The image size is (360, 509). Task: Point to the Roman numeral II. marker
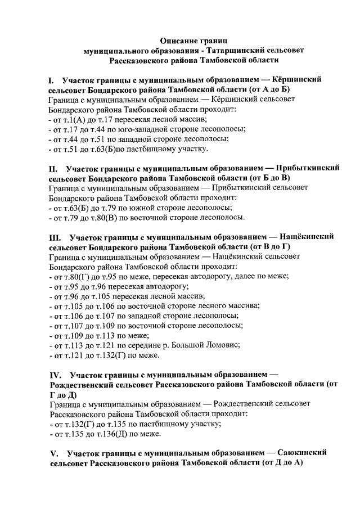point(54,168)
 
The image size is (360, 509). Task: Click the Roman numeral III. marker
point(56,237)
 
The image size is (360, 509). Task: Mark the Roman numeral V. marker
point(55,452)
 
